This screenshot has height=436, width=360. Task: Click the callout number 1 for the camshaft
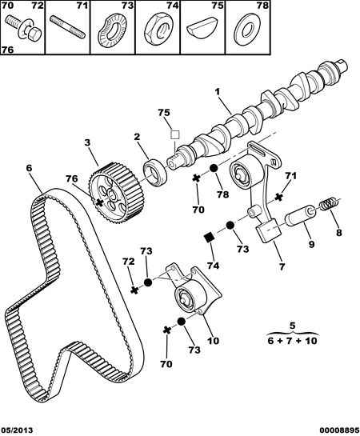point(217,92)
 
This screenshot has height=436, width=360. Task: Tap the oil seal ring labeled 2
point(155,171)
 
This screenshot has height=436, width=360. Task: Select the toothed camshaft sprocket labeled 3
point(116,191)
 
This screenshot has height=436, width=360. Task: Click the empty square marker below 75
point(175,135)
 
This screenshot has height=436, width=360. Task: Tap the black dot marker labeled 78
point(213,169)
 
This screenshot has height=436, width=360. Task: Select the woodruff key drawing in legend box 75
point(203,29)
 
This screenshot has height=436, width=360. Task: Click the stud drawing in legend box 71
point(67,27)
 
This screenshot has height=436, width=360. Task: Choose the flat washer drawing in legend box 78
point(247,30)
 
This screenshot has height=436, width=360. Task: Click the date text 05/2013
point(17,430)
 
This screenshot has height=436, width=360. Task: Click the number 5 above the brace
point(292,326)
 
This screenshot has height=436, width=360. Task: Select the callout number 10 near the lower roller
point(214,341)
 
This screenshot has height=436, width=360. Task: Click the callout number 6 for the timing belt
point(29,168)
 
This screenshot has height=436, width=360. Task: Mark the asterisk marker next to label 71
point(278,197)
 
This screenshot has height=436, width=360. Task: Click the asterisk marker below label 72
point(134,290)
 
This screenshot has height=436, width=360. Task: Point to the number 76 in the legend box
point(7,50)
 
